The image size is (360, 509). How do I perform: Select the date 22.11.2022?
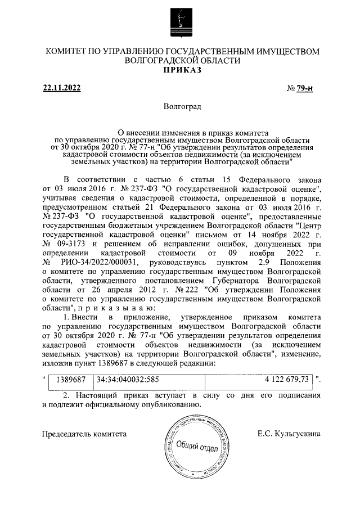62,88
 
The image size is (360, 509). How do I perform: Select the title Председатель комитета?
84,434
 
